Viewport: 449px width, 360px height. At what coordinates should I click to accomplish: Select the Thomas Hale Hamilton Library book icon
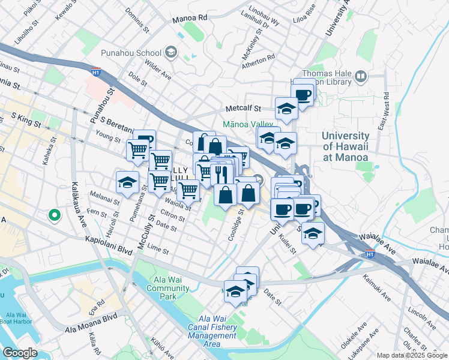(x=361, y=76)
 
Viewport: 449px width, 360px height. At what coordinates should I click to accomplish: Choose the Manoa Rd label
(x=189, y=19)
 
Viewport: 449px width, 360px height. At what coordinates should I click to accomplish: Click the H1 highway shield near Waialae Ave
(x=370, y=254)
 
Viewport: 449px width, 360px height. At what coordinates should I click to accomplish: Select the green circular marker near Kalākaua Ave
(x=54, y=214)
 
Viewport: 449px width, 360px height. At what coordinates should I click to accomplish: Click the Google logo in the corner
(x=19, y=353)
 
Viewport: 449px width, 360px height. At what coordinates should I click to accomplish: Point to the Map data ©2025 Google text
(x=411, y=355)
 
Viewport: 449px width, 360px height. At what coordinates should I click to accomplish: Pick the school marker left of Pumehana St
(x=127, y=183)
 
